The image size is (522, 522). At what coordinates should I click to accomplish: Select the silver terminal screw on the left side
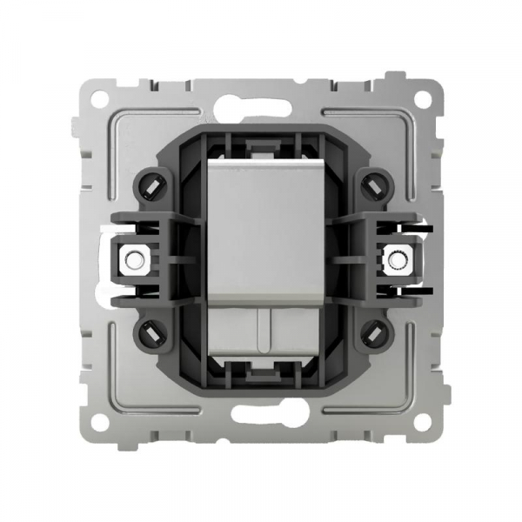point(134,258)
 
